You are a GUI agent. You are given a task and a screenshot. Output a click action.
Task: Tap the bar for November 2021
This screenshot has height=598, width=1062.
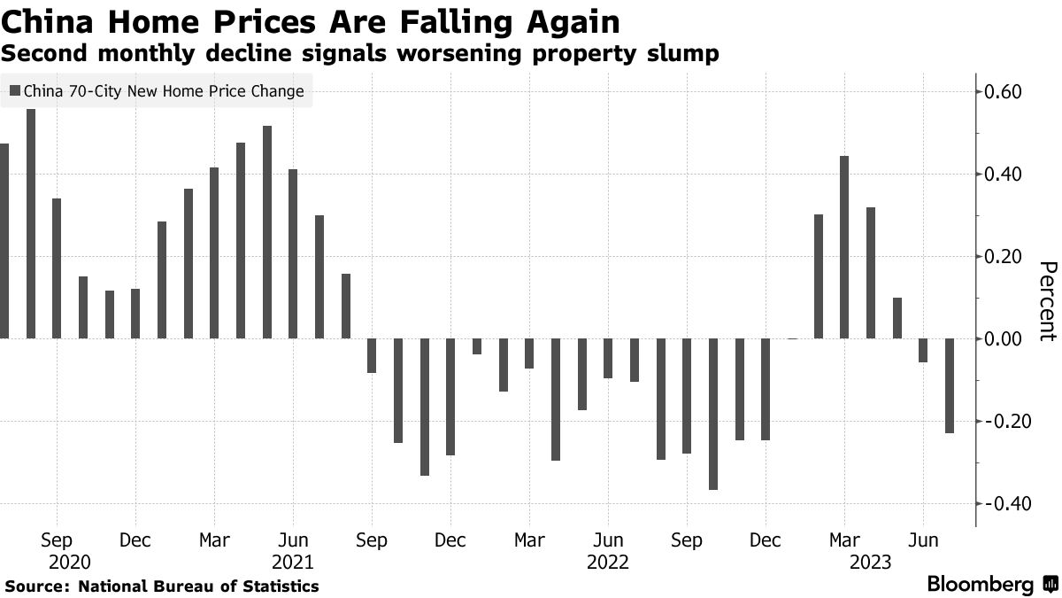click(425, 407)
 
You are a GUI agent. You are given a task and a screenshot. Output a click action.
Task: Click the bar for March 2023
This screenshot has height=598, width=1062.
click(844, 247)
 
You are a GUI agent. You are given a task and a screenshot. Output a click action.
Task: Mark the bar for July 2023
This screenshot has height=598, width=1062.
click(950, 385)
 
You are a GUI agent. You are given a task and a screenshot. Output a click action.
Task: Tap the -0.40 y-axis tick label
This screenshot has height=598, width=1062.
click(1003, 503)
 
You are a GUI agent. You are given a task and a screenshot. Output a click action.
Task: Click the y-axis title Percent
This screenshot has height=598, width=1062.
click(1048, 301)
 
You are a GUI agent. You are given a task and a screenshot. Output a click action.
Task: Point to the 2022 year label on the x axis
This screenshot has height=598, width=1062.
click(607, 563)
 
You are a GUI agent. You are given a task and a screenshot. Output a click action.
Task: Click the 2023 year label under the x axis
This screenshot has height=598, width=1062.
click(870, 563)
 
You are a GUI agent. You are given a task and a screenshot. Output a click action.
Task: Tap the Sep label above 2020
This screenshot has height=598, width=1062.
click(57, 540)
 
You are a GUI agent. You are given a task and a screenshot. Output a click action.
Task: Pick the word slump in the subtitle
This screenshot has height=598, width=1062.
click(685, 54)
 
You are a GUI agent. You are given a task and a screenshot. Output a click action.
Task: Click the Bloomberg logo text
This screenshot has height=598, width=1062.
click(980, 585)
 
